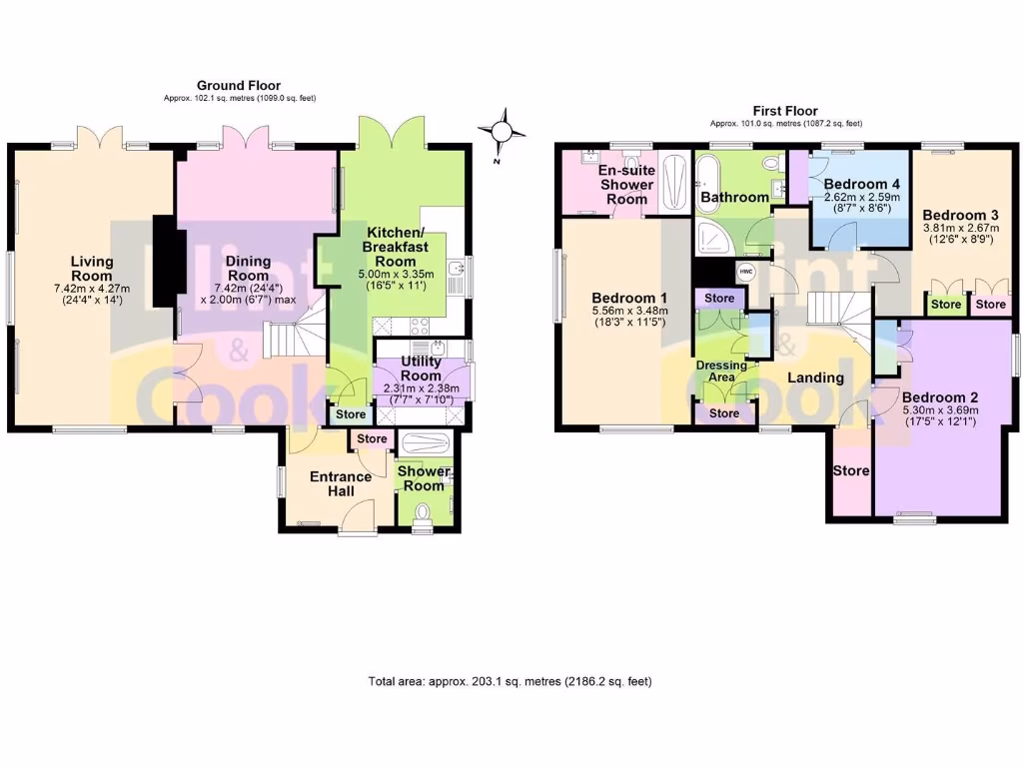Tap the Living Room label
tap(91, 270)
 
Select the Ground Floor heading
tap(239, 86)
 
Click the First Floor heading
tap(785, 111)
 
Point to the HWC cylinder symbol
tap(746, 271)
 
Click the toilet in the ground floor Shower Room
tap(422, 513)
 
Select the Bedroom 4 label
tap(862, 184)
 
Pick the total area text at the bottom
tap(511, 682)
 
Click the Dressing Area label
tap(721, 372)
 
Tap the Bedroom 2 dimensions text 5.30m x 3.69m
tap(940, 409)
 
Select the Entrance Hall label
tap(340, 483)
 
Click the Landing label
tap(816, 378)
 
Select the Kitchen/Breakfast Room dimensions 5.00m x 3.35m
tap(395, 274)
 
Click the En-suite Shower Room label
tap(626, 185)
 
